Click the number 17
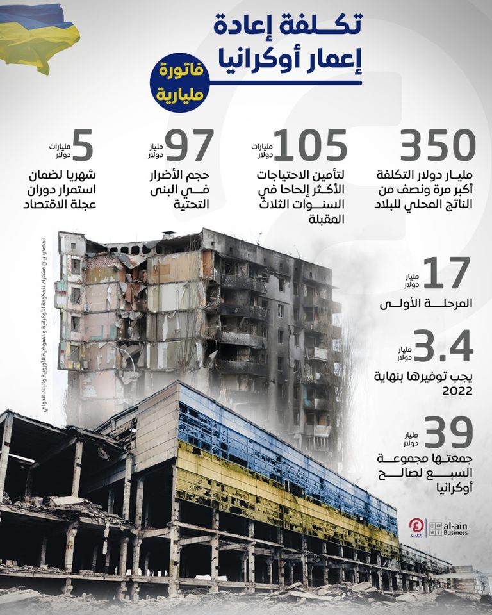click(x=447, y=274)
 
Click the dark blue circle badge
click(x=178, y=83)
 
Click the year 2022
click(x=457, y=390)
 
